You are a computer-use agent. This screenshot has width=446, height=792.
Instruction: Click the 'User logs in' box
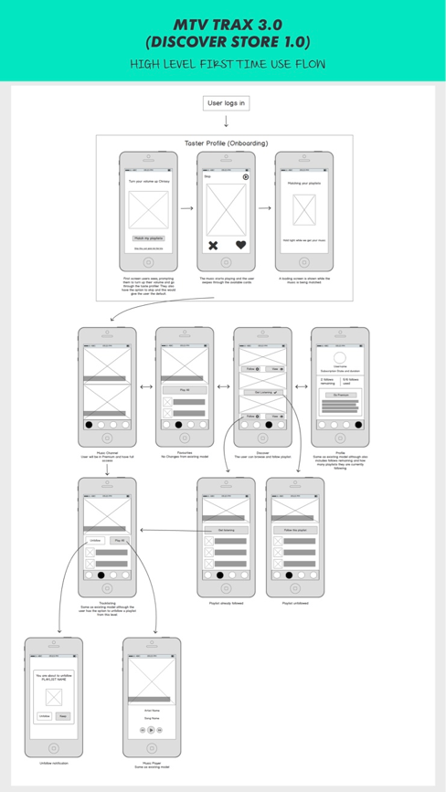[226, 103]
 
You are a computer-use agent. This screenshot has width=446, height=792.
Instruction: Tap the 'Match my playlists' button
[147, 238]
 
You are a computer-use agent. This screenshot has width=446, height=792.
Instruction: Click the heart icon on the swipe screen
[240, 245]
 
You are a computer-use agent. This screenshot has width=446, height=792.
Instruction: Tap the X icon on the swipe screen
[213, 245]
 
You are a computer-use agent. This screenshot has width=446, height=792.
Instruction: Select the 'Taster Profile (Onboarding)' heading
[225, 143]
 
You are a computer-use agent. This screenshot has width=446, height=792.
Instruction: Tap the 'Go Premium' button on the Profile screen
[340, 394]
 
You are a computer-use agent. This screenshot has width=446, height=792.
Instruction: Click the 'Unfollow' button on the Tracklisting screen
[95, 540]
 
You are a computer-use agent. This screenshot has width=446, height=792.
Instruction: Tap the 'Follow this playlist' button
[295, 529]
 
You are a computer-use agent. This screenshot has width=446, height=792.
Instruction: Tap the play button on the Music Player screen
[151, 730]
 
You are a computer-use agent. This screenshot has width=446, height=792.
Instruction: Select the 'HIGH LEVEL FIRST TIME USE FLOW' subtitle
[227, 64]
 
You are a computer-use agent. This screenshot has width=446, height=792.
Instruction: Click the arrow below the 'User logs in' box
[226, 121]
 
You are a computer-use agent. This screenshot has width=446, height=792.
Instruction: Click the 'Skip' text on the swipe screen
[207, 177]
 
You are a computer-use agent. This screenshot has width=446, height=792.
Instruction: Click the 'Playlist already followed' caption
[226, 603]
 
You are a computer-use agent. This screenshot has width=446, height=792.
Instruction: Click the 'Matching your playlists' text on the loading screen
[303, 183]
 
